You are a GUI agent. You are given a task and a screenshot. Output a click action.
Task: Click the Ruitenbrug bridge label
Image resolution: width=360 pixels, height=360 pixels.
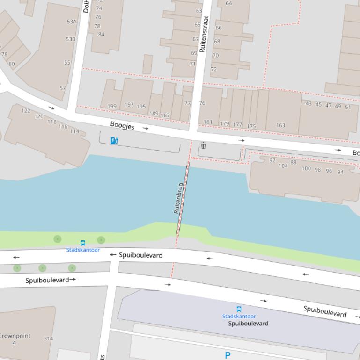coord(178,198)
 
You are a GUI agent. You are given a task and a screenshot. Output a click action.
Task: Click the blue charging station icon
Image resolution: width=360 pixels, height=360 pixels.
coord(114,140)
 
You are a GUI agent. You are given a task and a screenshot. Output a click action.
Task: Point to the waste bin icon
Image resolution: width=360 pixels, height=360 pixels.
coord(203,146)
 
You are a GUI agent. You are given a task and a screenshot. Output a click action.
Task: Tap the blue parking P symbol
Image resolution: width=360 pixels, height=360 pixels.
coord(228,355)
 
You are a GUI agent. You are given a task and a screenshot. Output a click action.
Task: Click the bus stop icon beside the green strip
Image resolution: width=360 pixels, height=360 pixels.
coord(83,243)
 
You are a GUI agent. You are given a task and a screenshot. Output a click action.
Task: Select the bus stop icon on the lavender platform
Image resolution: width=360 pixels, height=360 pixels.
coord(239,309)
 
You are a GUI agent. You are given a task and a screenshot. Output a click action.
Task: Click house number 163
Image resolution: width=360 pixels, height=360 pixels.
coord(280,125)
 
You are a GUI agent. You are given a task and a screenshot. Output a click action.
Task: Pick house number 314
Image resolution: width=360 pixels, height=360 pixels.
coord(48,338)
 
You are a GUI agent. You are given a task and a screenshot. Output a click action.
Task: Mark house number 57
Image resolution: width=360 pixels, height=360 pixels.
coord(63,88)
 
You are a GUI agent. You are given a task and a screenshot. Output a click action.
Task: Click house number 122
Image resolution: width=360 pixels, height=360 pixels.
coord(26,111)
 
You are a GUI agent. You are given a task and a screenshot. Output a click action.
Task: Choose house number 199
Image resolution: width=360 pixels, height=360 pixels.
coord(112,106)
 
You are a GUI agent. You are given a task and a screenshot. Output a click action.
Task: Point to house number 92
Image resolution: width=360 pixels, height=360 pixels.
coord(272,160)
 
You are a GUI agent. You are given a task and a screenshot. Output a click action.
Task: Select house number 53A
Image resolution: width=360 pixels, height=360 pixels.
coord(71,22)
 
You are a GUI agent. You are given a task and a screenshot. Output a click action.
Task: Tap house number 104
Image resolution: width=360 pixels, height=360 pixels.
coord(283,166)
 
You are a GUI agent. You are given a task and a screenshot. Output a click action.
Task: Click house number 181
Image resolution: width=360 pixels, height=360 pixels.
coord(208,122)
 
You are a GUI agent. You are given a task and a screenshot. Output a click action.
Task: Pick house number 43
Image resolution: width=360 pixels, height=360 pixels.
coord(308,104)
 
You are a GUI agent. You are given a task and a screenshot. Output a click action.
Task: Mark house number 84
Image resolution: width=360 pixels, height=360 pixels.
coord(101,34)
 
